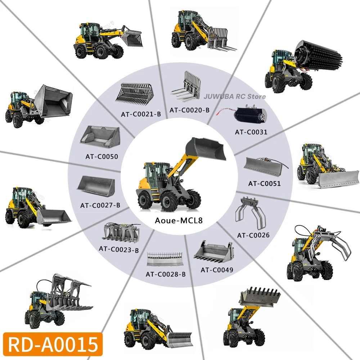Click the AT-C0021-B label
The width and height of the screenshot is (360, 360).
[x=141, y=114]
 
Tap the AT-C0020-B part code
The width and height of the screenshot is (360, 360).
[x=189, y=110]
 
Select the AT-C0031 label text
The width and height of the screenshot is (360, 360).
[x=251, y=132]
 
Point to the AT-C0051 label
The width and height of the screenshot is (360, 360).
[x=265, y=184]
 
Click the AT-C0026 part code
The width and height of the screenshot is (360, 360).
[x=253, y=235]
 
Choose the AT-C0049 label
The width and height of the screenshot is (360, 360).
[x=217, y=270]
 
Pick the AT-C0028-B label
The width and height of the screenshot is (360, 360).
[x=166, y=274]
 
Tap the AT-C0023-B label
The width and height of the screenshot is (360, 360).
[x=119, y=249]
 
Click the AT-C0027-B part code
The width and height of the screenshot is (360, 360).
[x=100, y=205]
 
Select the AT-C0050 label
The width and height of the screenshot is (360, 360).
[x=102, y=157]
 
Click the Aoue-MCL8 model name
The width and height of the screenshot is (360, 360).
[x=179, y=220]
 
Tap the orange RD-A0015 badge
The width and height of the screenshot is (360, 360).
[x=53, y=344]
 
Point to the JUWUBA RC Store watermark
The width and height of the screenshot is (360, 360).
[x=235, y=96]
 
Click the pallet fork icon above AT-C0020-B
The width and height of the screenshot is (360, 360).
[x=186, y=86]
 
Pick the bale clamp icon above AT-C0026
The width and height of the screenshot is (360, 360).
[x=250, y=212]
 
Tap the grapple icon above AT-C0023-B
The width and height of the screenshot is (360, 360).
[x=121, y=232]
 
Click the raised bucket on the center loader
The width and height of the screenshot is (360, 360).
[x=206, y=149]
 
